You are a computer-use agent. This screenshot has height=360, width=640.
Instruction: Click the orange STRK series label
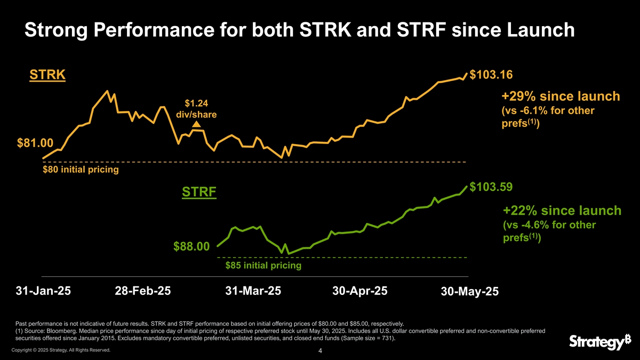coord(47,75)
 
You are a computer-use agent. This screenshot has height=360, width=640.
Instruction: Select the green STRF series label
coord(199,191)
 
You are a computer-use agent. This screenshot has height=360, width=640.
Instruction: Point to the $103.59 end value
coord(494,187)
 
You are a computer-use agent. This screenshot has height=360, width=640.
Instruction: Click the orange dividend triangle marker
coord(196,124)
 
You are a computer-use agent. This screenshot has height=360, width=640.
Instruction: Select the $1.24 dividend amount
coord(196,103)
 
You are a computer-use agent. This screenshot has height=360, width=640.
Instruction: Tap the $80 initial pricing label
coord(80,170)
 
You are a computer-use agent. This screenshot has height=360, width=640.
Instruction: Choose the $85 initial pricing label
coord(263,265)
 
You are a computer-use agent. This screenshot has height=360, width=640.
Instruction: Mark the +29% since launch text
coord(561,97)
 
